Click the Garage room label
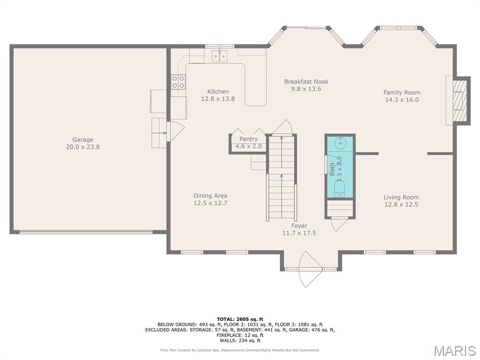[x=82, y=140]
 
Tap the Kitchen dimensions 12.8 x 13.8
[x=218, y=98]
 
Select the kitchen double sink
[x=220, y=56]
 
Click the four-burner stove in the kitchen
[x=178, y=82]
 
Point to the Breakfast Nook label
[x=306, y=82]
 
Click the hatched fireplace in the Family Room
[x=460, y=100]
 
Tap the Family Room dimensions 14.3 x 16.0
[x=402, y=99]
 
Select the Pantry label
[x=248, y=139]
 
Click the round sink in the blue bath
[x=340, y=142]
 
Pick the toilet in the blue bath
[x=339, y=190]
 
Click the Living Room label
[x=401, y=197]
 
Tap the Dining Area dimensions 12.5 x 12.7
[x=210, y=202]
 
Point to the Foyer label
[x=299, y=225]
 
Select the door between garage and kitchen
[x=176, y=131]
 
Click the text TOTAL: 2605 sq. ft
[x=240, y=319]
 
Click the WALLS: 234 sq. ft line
[x=240, y=340]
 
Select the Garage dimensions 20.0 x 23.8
[x=82, y=147]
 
